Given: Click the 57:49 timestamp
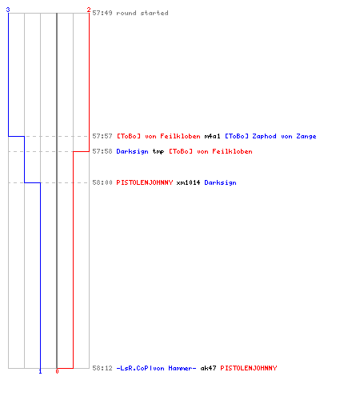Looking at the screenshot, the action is (102, 13).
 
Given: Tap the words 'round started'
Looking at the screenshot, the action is (142, 13).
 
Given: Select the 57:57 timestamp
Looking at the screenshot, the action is (102, 136).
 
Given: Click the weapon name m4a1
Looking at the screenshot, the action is (212, 136).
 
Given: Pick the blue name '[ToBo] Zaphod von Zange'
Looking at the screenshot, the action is (270, 136).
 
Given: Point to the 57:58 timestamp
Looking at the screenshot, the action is (102, 151).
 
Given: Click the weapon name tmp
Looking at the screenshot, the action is (158, 152).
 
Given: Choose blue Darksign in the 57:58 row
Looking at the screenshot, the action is (132, 152).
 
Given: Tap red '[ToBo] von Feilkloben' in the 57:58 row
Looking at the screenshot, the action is (210, 151).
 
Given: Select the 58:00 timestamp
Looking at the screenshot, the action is (102, 182).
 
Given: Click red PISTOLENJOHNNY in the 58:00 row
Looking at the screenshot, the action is (145, 182).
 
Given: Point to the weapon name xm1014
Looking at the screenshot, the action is (188, 182).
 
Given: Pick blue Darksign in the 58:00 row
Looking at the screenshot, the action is (220, 183).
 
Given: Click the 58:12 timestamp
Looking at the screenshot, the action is (102, 368).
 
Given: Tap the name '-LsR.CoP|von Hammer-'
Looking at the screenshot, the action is (156, 368).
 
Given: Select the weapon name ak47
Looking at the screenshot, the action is (208, 368).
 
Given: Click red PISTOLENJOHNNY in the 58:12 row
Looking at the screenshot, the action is (249, 368).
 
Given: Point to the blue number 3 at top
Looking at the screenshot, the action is (8, 10).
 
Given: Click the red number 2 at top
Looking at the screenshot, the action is (89, 10).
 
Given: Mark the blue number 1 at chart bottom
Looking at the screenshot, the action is (40, 371).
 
